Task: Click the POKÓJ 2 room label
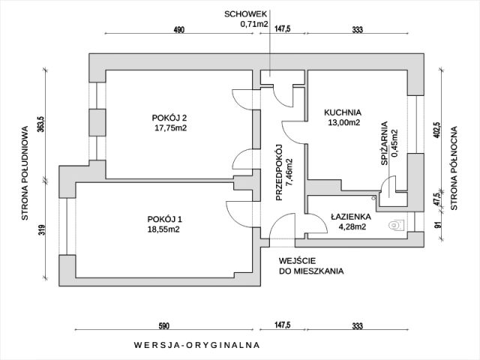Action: click(169, 117)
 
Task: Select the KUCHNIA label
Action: click(343, 112)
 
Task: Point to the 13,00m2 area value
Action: click(343, 123)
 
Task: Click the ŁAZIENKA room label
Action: click(351, 216)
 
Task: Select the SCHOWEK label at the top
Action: click(244, 13)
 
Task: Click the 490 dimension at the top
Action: click(178, 30)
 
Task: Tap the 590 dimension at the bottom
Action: click(164, 326)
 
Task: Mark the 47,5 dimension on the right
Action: click(437, 202)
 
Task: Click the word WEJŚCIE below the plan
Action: click(295, 260)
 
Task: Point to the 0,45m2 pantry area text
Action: click(394, 142)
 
